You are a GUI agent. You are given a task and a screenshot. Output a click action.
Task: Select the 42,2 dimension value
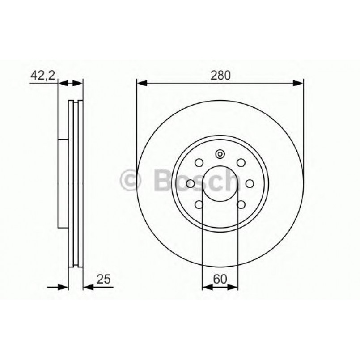[42, 76]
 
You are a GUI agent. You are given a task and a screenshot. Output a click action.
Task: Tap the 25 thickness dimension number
[103, 280]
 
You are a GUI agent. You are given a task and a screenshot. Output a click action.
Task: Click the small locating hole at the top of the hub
[220, 155]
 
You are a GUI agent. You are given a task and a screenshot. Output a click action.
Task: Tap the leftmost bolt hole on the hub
[190, 183]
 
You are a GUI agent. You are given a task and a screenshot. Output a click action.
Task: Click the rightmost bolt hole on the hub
[250, 183]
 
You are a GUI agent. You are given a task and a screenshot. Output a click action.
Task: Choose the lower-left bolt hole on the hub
[199, 205]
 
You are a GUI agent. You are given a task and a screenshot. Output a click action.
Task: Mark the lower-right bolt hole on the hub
[241, 205]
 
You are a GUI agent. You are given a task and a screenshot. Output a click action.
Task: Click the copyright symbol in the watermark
[131, 181]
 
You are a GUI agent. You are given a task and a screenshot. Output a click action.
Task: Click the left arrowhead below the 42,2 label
[63, 83]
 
